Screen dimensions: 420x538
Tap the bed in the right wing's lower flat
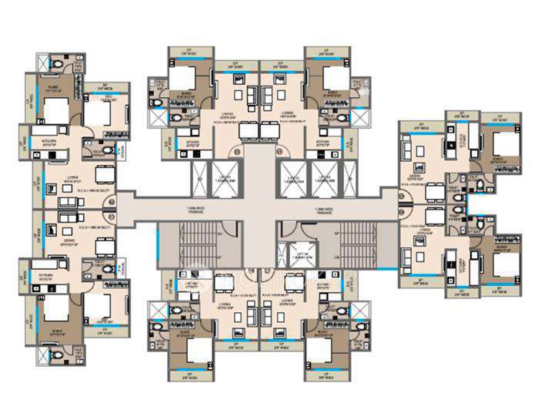(x=503, y=267)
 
